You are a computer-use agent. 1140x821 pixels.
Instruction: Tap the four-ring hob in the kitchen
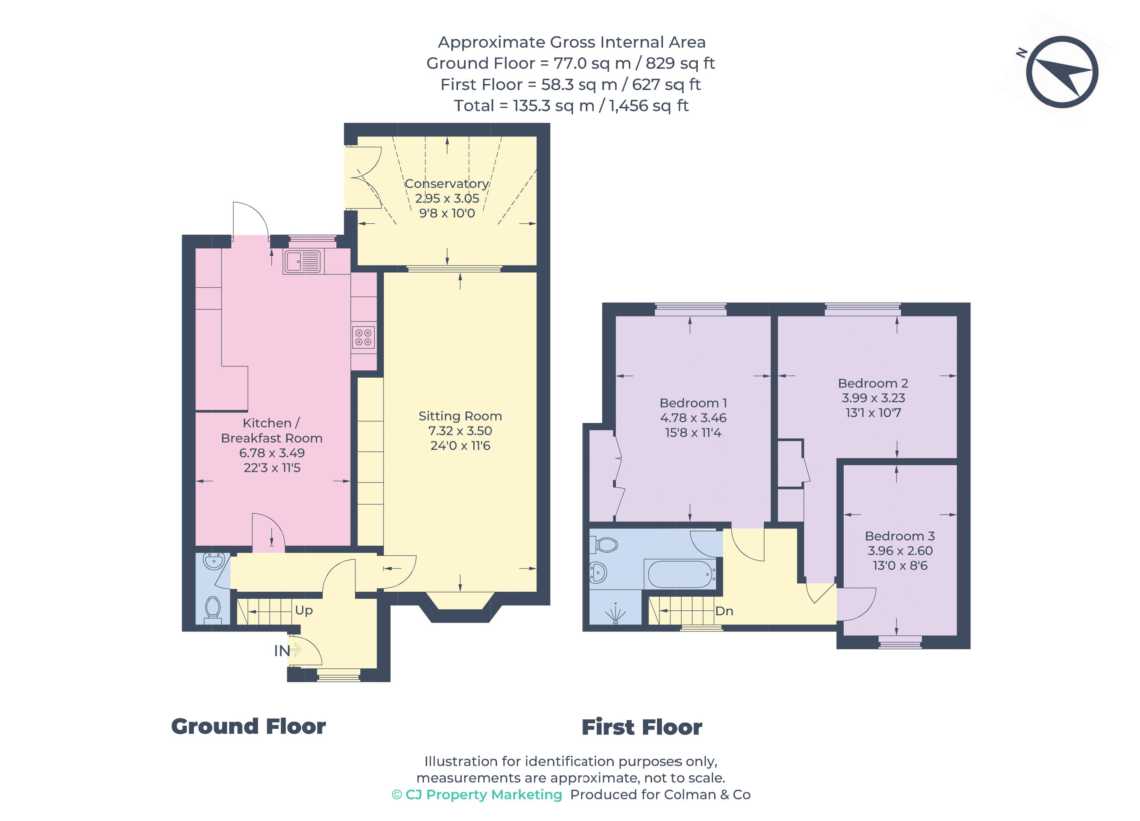coord(364,337)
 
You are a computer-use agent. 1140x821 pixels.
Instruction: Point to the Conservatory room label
coord(447,184)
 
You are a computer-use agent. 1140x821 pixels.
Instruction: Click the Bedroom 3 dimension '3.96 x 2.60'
coord(900,551)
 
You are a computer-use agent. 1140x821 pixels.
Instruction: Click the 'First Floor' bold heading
coord(642,727)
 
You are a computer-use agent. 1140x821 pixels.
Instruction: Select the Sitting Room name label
coord(460,416)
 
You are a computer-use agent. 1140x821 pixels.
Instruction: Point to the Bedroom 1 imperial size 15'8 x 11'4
coord(693,433)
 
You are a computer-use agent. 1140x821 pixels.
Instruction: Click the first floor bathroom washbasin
coord(598,572)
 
